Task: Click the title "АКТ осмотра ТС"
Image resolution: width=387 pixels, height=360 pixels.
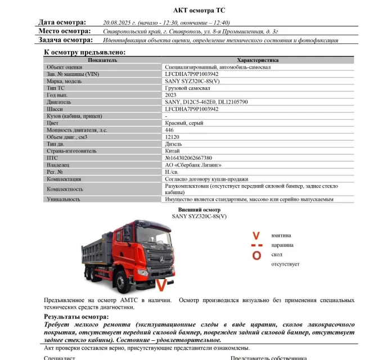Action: click(193, 10)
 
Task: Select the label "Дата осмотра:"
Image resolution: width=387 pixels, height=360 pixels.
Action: click(62, 22)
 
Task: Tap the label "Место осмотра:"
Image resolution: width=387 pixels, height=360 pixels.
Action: click(62, 31)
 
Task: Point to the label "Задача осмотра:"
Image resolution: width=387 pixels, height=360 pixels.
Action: click(65, 40)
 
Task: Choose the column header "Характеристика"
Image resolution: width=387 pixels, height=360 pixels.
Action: click(258, 60)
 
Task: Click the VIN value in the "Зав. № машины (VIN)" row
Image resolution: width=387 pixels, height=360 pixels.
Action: click(192, 74)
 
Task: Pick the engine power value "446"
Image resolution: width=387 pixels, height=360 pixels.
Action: click(169, 130)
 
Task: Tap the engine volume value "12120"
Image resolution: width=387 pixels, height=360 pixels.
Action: click(172, 137)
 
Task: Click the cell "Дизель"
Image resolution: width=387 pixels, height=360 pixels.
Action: click(173, 144)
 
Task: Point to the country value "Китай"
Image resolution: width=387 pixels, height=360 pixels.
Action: click(172, 151)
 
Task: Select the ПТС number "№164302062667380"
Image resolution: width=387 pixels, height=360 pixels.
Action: click(188, 158)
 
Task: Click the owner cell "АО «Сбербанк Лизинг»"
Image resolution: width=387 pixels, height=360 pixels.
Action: click(193, 165)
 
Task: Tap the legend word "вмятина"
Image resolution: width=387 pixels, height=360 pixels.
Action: click(281, 235)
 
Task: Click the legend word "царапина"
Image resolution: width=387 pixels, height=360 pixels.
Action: click(282, 245)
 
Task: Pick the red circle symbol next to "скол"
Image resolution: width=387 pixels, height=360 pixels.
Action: click(256, 255)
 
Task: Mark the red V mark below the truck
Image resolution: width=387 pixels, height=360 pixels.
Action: click(161, 285)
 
